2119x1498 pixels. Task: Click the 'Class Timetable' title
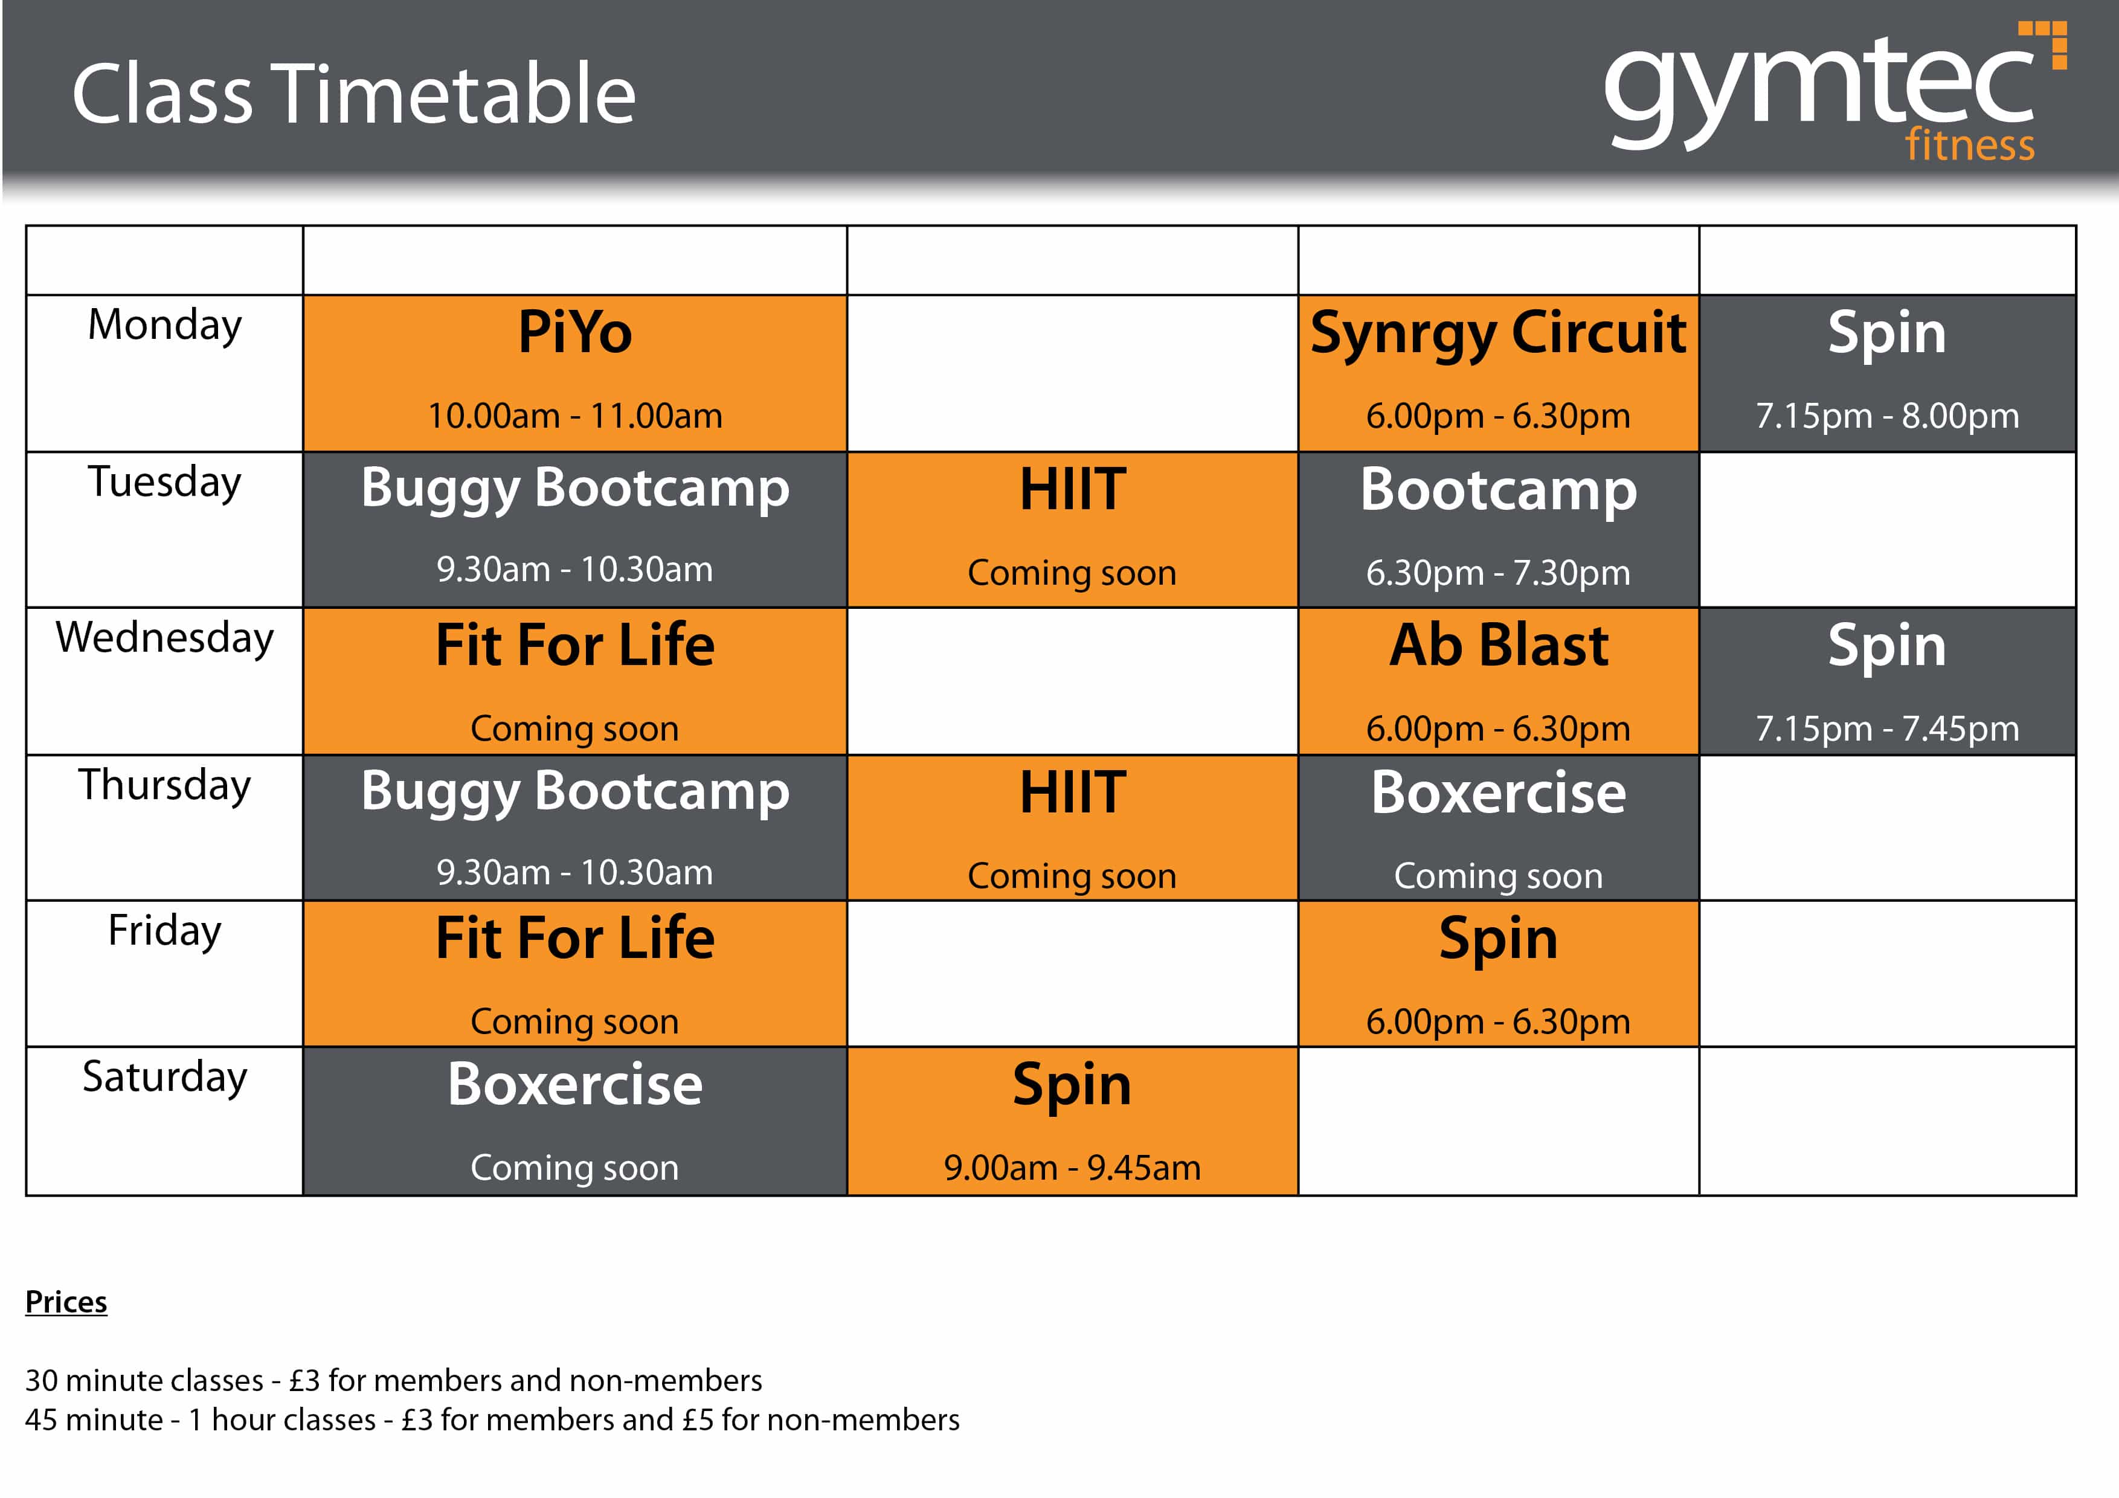point(353,94)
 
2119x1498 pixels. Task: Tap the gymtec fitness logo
point(1834,92)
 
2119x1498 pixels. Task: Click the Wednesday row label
point(165,638)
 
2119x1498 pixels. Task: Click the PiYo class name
point(575,332)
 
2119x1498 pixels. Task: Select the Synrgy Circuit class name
point(1498,334)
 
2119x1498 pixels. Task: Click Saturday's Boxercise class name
point(575,1084)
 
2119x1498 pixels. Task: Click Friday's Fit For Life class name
point(575,937)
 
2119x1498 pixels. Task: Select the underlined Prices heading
point(66,1302)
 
